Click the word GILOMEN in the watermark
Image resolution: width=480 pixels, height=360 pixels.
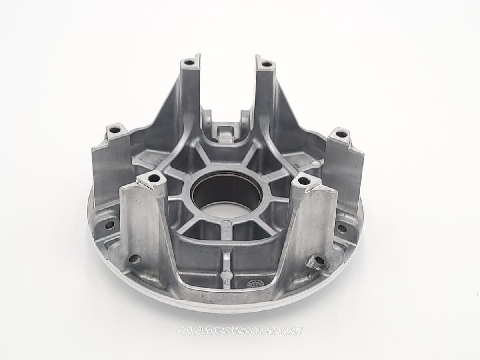pos(198,331)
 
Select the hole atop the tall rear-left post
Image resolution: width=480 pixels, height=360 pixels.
pos(188,62)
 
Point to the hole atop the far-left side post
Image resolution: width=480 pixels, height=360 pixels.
pos(115,130)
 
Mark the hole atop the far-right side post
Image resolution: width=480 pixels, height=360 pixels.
pos(341,134)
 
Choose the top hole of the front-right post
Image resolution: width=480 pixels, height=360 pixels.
pos(304,181)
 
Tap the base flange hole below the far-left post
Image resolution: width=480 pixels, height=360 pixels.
pos(109,225)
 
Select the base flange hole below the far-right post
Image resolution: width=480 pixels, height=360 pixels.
pos(342,229)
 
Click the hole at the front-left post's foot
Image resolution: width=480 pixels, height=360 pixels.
pos(135,259)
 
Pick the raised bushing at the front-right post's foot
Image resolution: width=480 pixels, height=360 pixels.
pos(319,262)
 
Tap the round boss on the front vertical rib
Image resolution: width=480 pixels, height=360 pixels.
pos(226,275)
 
